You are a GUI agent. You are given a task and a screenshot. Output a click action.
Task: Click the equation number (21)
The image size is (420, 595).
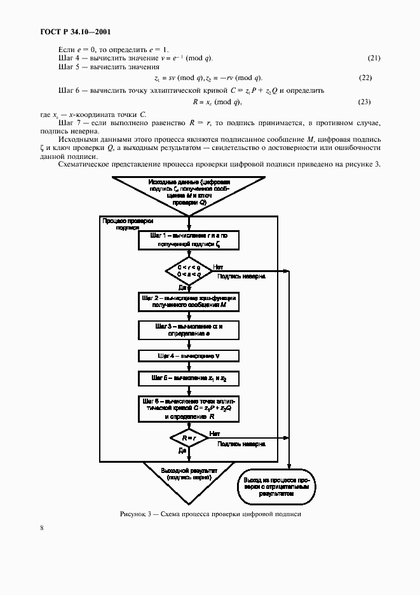click(374, 58)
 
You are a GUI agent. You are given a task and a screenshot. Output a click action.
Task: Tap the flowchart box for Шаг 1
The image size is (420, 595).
click(189, 239)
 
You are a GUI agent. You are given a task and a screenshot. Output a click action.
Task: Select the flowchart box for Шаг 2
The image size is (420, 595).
click(189, 301)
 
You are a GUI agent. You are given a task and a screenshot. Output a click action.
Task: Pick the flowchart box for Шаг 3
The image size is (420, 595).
click(189, 329)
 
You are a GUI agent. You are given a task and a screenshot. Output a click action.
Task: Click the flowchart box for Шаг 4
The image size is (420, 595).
click(189, 355)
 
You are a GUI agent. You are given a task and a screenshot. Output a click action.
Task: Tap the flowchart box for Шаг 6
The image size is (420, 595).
click(189, 409)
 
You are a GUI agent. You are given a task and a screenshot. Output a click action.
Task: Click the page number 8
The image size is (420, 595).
click(42, 527)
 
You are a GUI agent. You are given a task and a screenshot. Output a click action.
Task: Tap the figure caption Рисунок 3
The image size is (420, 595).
click(209, 514)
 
